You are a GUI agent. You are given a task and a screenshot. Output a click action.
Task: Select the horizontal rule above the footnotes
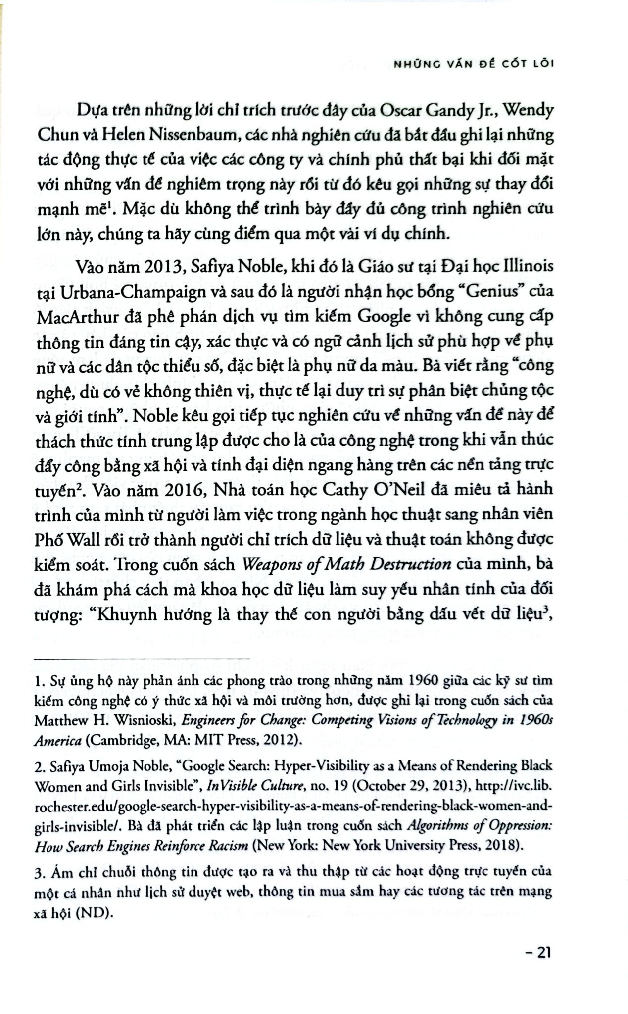click(x=144, y=659)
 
